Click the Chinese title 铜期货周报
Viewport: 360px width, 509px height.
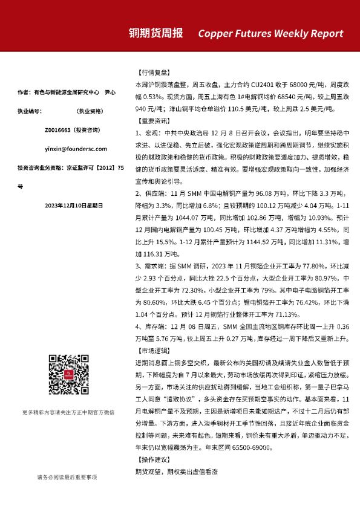[155, 33]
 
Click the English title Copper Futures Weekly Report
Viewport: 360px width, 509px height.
[270, 34]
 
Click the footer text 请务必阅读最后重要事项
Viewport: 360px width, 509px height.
[67, 477]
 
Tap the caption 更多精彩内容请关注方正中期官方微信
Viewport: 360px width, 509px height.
[68, 412]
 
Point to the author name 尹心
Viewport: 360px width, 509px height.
[110, 92]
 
